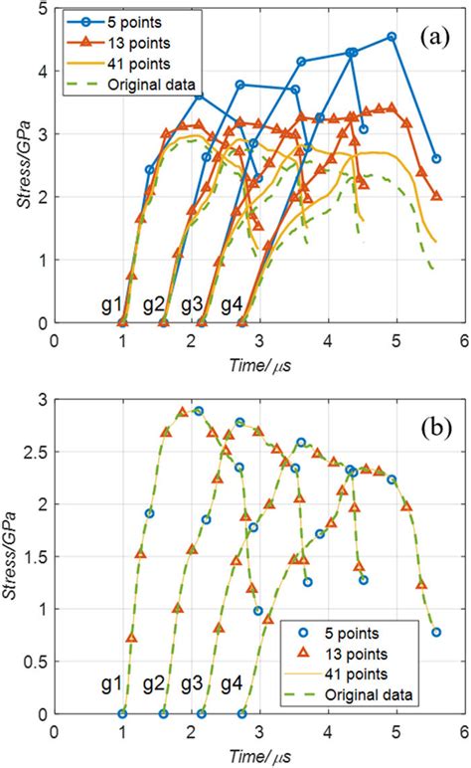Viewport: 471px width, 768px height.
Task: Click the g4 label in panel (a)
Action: [x=232, y=303]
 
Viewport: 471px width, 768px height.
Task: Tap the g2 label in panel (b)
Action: [x=153, y=683]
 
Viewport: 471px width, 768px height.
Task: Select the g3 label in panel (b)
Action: [x=193, y=683]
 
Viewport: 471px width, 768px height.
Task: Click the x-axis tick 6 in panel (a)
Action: [x=464, y=339]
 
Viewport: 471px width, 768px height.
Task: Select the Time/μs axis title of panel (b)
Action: [x=259, y=755]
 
